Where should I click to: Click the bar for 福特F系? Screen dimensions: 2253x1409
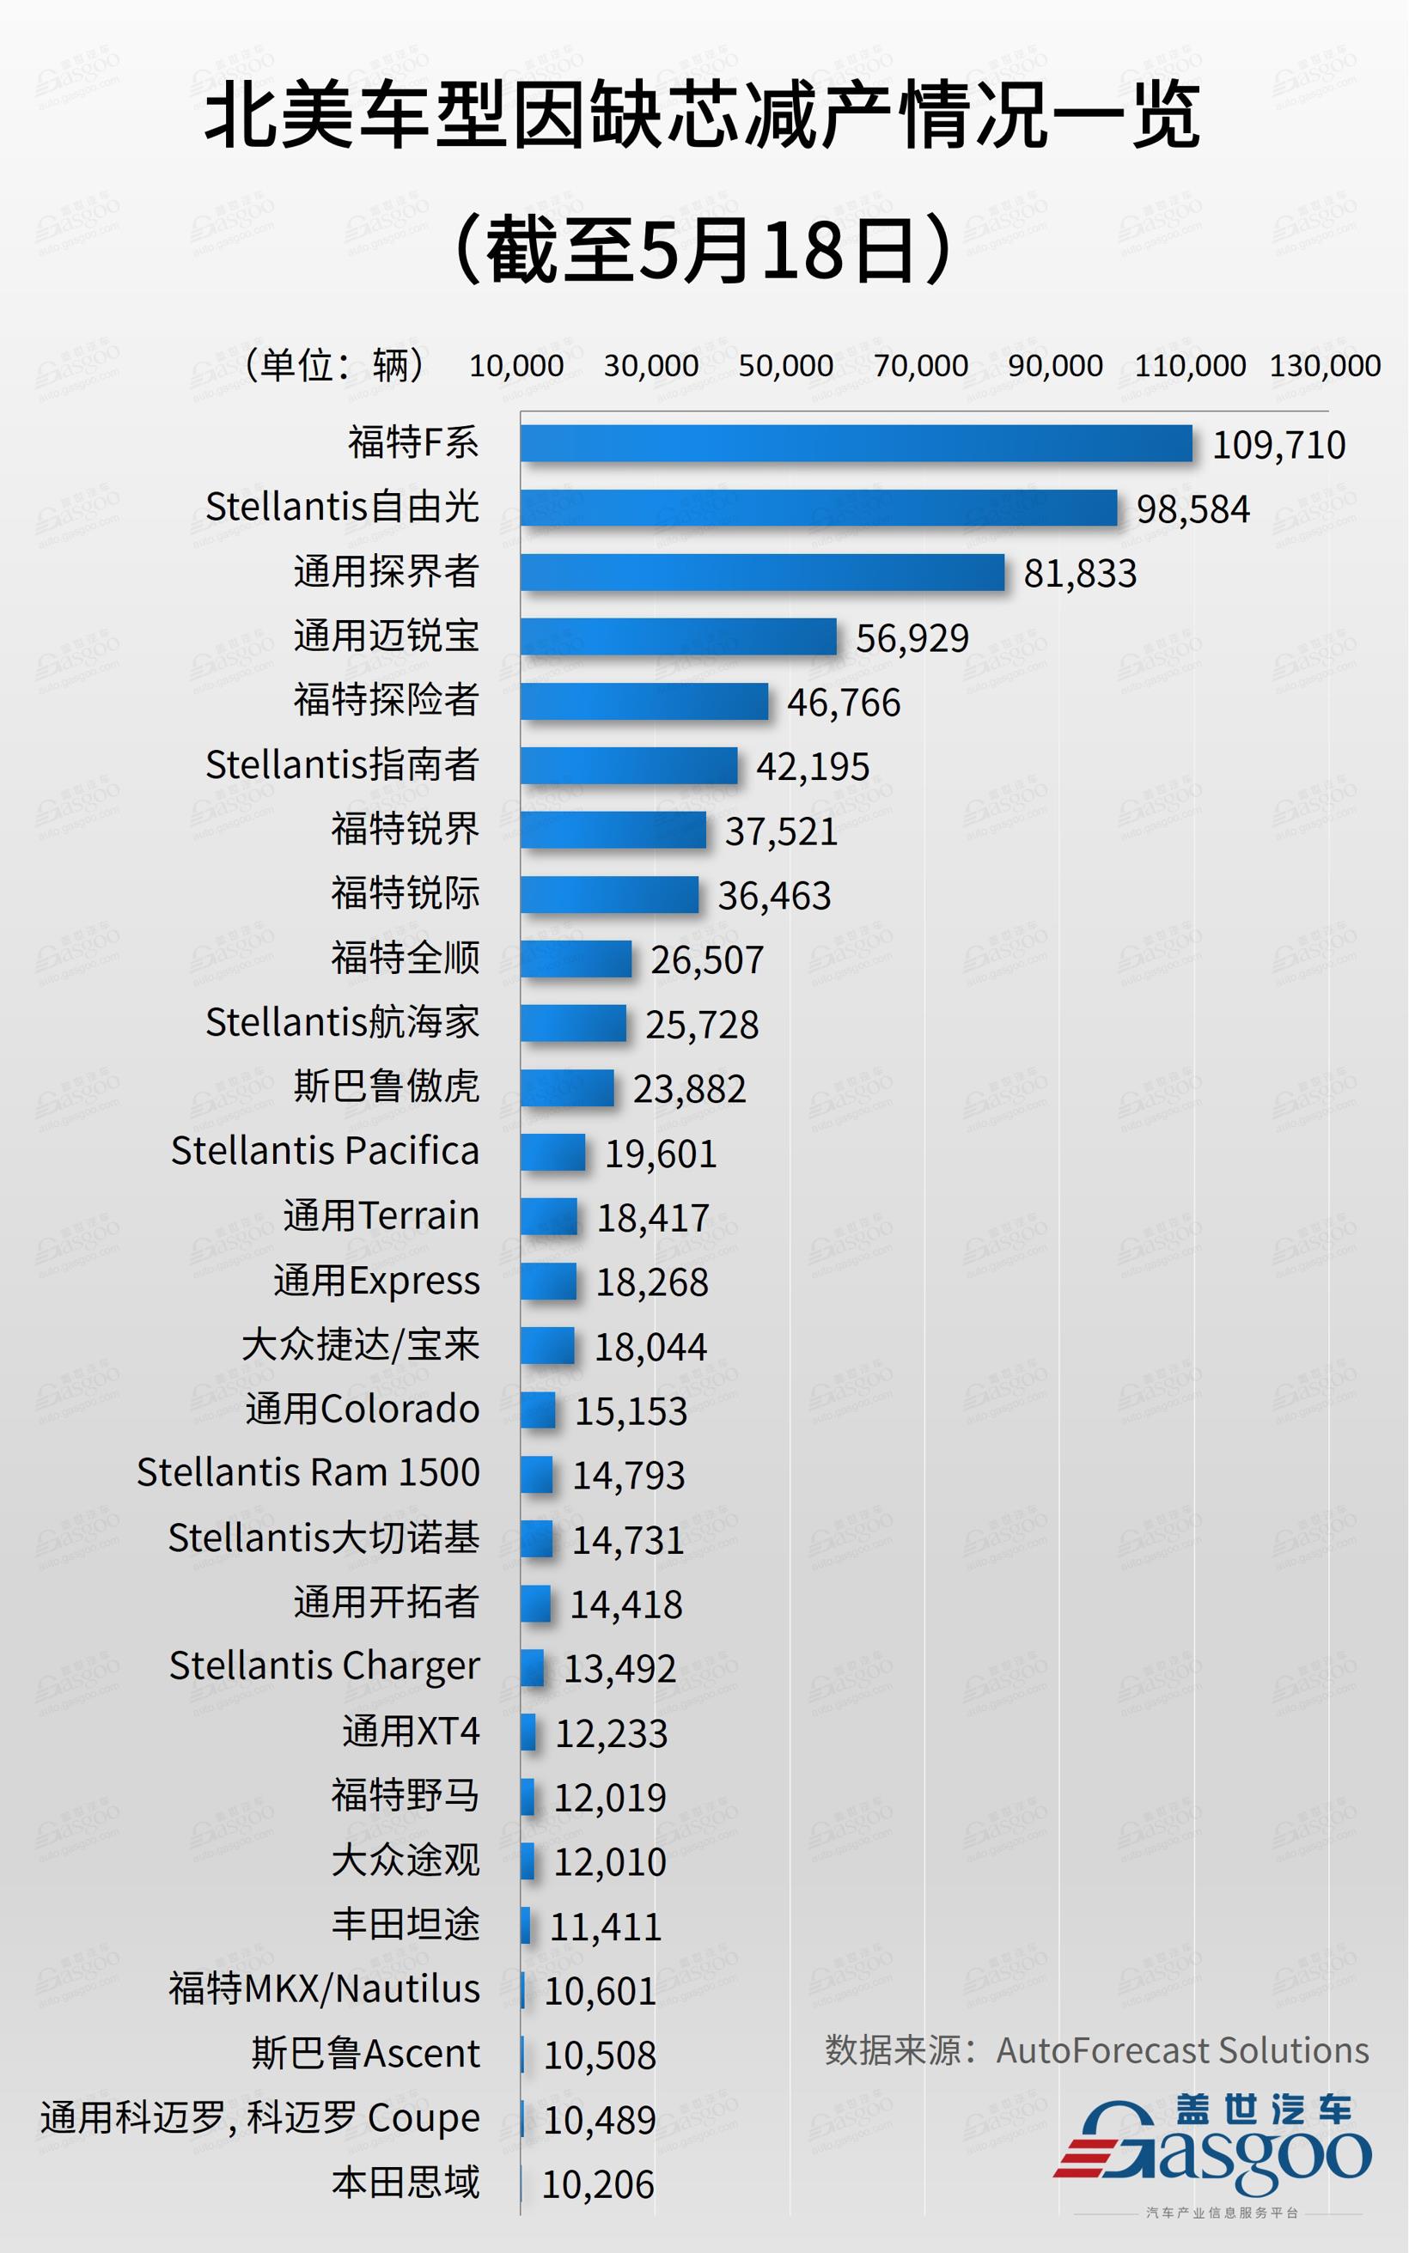coord(856,443)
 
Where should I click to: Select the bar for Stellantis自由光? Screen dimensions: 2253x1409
coord(818,508)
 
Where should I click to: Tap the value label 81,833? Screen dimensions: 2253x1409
coord(1079,573)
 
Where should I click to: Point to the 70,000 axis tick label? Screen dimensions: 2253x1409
coord(920,365)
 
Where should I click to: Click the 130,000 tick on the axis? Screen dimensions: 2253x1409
coord(1324,365)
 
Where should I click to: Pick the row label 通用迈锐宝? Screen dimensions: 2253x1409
coord(386,636)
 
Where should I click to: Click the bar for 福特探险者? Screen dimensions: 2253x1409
coord(644,702)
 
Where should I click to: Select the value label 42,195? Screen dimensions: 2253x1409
coord(812,765)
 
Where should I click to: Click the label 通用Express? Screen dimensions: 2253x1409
coord(376,1281)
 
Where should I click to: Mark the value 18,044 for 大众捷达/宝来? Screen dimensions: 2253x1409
coord(650,1347)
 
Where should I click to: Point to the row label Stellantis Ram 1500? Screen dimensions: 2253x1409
coord(308,1472)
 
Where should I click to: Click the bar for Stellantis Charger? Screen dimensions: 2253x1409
coord(532,1667)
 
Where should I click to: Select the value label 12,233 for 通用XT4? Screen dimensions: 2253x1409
coord(612,1733)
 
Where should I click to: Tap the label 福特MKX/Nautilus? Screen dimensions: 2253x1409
coord(323,1989)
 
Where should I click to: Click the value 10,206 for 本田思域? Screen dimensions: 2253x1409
coord(597,2184)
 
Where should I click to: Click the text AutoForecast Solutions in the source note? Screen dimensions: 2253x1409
coord(1181,2052)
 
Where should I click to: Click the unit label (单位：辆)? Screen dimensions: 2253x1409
coord(333,364)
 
